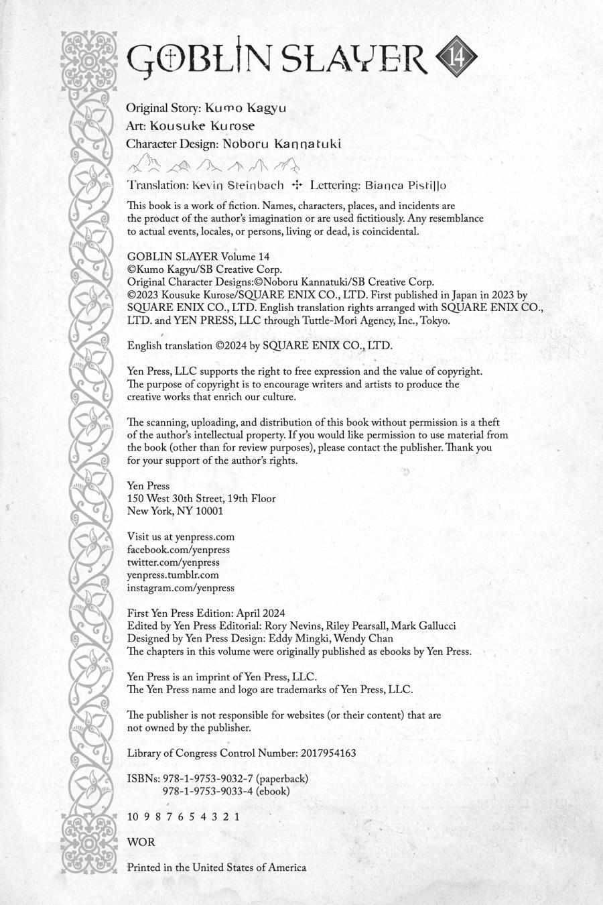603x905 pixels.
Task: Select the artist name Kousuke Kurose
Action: pos(202,125)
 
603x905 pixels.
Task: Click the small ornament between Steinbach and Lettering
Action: pos(297,185)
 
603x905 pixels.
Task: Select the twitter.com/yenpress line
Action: pos(173,562)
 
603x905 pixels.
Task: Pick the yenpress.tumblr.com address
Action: pos(173,575)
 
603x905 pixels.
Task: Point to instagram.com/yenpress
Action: pos(181,588)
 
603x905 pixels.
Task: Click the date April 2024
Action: pos(261,613)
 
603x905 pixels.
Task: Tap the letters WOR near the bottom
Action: pos(141,842)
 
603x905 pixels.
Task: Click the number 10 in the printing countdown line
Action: pos(133,817)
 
